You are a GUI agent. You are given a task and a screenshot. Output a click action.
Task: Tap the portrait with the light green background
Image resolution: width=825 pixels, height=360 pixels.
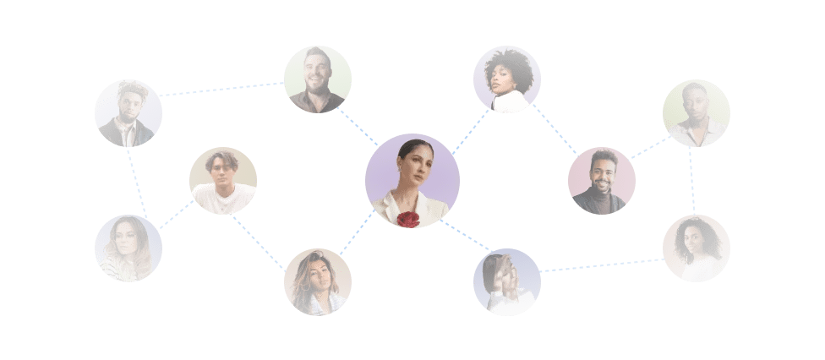[x=318, y=79]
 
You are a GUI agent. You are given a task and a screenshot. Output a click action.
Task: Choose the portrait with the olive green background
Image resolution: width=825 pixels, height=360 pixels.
[x=696, y=113]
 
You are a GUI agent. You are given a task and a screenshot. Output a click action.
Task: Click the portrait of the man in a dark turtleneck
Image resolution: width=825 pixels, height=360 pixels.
[x=602, y=181]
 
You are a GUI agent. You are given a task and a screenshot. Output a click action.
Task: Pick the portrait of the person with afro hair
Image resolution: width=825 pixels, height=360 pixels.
[x=507, y=79]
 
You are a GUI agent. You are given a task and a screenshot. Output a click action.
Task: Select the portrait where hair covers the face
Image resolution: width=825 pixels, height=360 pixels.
[x=507, y=281]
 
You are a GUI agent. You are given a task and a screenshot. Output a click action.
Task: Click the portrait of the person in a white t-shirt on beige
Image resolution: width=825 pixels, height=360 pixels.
[x=223, y=181]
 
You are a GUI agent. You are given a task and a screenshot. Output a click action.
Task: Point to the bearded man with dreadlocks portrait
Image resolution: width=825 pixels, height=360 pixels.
[x=128, y=113]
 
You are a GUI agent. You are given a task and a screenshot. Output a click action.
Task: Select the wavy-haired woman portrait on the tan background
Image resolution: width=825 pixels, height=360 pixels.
[x=318, y=281]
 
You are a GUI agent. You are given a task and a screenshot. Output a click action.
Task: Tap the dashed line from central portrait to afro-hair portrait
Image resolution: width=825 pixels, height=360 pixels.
[x=471, y=131]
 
